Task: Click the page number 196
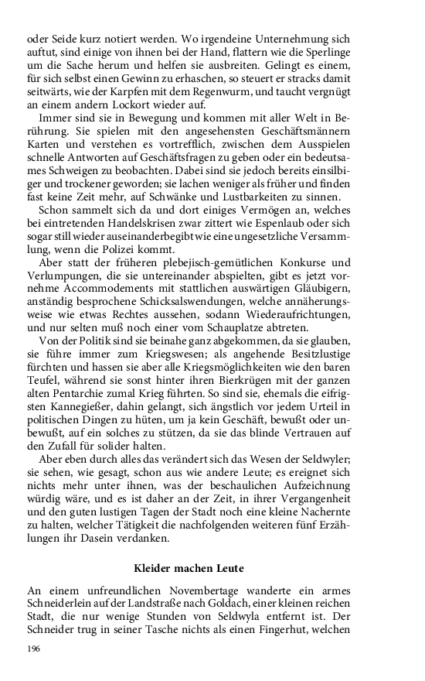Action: [x=34, y=648]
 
